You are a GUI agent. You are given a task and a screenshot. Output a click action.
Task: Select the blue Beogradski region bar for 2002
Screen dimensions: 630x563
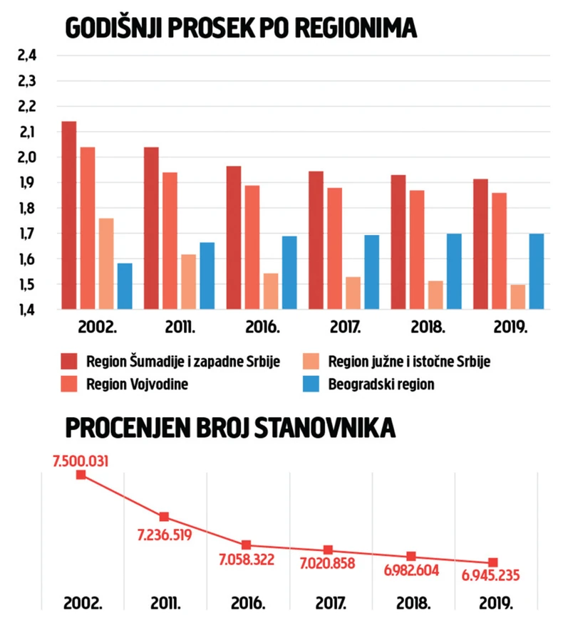pyautogui.click(x=125, y=286)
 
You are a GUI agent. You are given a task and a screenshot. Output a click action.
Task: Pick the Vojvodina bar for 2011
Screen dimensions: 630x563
pyautogui.click(x=170, y=241)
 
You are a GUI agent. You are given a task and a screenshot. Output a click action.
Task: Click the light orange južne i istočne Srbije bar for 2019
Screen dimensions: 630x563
pyautogui.click(x=518, y=297)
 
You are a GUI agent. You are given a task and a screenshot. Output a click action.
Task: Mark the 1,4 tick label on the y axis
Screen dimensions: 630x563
pyautogui.click(x=26, y=310)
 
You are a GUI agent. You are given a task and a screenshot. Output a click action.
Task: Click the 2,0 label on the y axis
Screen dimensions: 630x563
pyautogui.click(x=26, y=158)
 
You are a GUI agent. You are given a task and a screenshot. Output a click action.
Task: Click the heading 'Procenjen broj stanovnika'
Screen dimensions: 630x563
pyautogui.click(x=229, y=429)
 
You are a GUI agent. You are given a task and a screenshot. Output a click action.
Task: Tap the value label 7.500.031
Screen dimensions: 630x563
pyautogui.click(x=81, y=461)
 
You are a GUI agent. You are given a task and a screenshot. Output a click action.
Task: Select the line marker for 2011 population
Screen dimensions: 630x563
pyautogui.click(x=164, y=517)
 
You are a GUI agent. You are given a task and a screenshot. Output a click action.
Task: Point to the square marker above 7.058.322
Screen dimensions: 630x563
pyautogui.click(x=246, y=545)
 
